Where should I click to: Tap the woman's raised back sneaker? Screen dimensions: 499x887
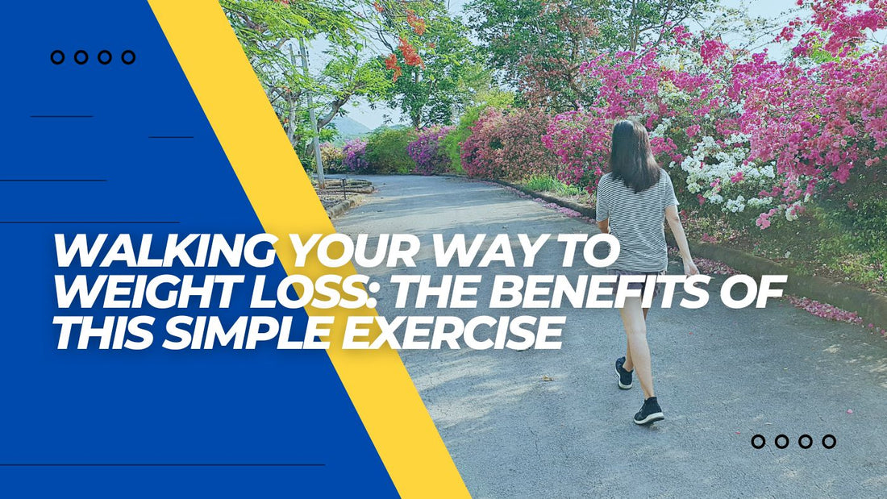click(624, 373)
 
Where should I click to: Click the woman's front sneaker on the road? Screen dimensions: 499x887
click(648, 411)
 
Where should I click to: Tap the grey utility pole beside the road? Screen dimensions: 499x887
click(312, 113)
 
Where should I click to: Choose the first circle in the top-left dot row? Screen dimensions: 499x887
click(57, 57)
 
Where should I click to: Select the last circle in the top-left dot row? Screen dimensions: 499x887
click(127, 57)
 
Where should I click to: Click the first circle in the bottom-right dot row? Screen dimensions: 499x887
click(758, 441)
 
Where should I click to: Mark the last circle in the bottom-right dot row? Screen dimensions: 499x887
click(828, 441)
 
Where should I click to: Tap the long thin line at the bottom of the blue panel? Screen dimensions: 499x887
click(161, 464)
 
